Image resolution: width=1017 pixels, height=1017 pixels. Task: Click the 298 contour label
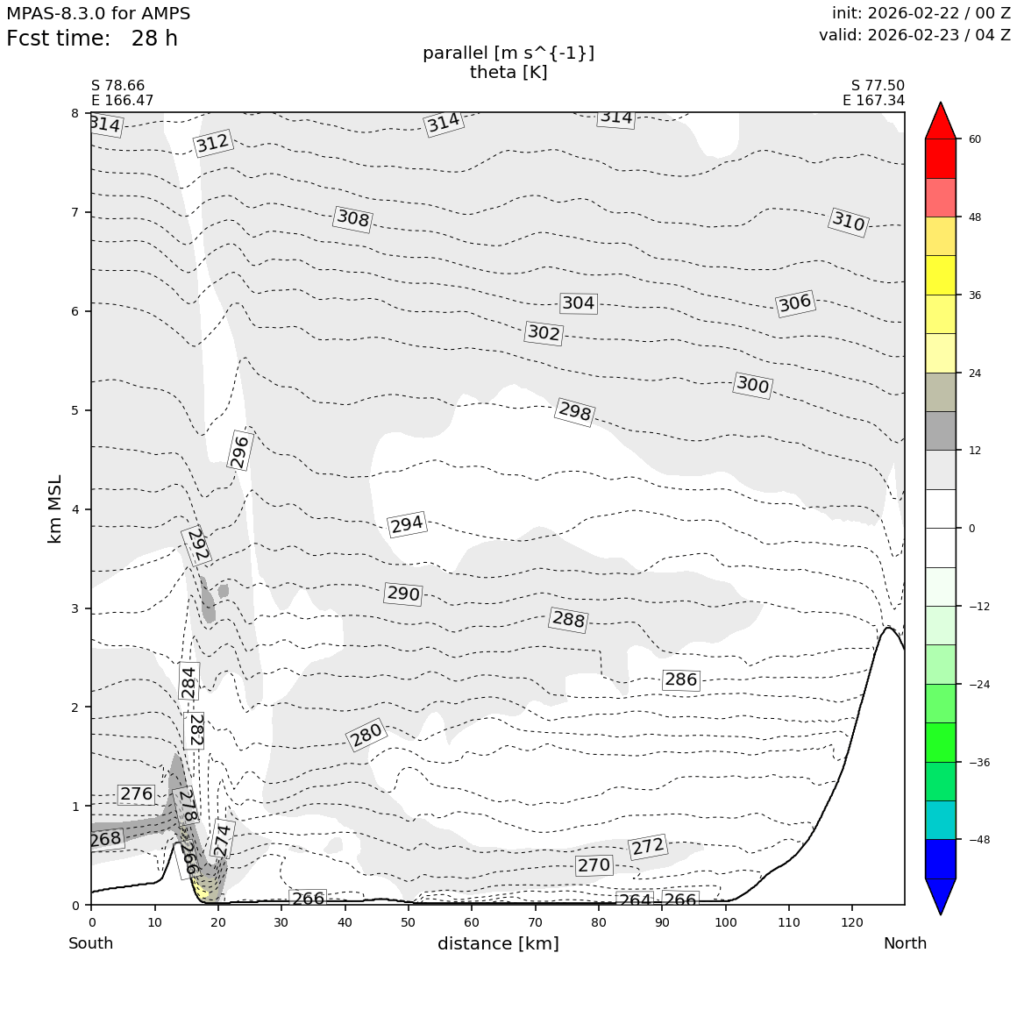[x=575, y=411]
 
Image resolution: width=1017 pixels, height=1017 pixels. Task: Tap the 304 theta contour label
[x=578, y=303]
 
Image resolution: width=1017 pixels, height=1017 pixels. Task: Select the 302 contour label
[x=544, y=333]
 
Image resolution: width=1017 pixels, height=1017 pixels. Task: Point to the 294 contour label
[x=407, y=524]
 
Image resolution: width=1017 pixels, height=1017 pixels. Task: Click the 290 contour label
[x=403, y=594]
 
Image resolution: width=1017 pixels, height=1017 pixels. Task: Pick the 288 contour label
[x=568, y=620]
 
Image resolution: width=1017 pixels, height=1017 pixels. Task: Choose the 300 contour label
[x=752, y=385]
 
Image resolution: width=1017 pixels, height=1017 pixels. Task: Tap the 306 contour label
[x=795, y=303]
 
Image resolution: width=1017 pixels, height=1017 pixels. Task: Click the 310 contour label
[x=848, y=222]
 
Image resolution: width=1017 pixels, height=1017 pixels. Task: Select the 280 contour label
[x=366, y=735]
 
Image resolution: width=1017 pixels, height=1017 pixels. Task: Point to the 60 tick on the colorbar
[x=974, y=139]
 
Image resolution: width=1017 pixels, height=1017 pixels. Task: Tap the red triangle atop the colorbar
[x=941, y=121]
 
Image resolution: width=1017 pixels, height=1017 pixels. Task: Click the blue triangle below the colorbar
[x=941, y=895]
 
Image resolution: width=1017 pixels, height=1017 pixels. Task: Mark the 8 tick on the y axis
[x=75, y=113]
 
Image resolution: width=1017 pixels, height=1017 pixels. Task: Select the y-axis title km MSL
[x=55, y=508]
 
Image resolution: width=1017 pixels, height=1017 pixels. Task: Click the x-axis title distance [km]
[x=498, y=944]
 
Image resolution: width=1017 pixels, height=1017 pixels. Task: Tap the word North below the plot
[x=905, y=944]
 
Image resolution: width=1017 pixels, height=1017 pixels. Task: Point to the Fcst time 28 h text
[x=92, y=39]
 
